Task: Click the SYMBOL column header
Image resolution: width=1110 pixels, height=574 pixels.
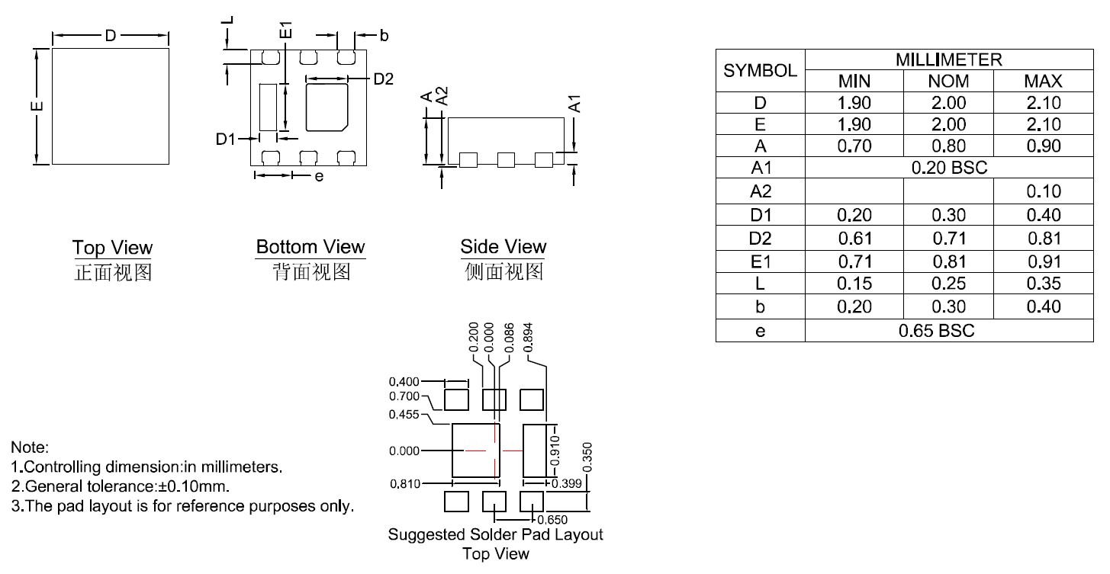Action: point(760,71)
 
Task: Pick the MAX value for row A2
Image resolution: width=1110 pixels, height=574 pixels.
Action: point(1043,191)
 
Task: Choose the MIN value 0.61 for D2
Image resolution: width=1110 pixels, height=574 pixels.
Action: point(854,239)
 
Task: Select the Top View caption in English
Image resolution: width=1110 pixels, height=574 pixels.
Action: point(112,248)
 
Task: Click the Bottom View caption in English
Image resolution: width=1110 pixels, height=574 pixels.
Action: point(310,248)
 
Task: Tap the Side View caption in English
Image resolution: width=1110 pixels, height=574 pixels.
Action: point(503,247)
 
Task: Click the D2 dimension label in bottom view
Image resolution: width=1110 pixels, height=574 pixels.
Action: point(383,79)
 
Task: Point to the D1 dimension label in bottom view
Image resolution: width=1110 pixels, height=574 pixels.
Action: point(226,139)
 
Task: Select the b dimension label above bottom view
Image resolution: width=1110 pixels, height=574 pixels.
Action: point(384,35)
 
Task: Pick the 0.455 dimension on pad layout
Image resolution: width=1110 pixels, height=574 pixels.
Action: point(404,415)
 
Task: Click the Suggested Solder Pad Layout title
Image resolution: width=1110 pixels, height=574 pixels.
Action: point(495,534)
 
